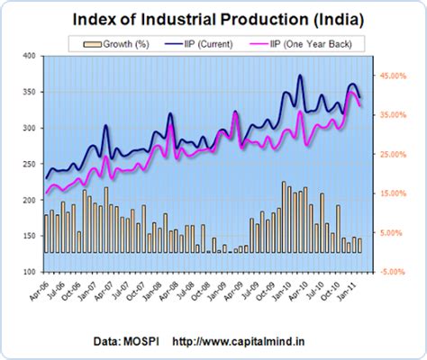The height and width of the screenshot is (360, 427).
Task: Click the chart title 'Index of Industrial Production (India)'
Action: (x=213, y=17)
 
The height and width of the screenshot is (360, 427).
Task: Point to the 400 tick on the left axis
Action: (x=28, y=57)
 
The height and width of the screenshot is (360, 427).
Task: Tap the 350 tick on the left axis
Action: (x=28, y=93)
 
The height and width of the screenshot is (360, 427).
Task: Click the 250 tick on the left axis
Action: (x=28, y=165)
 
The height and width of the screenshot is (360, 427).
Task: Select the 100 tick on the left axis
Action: (x=28, y=272)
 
